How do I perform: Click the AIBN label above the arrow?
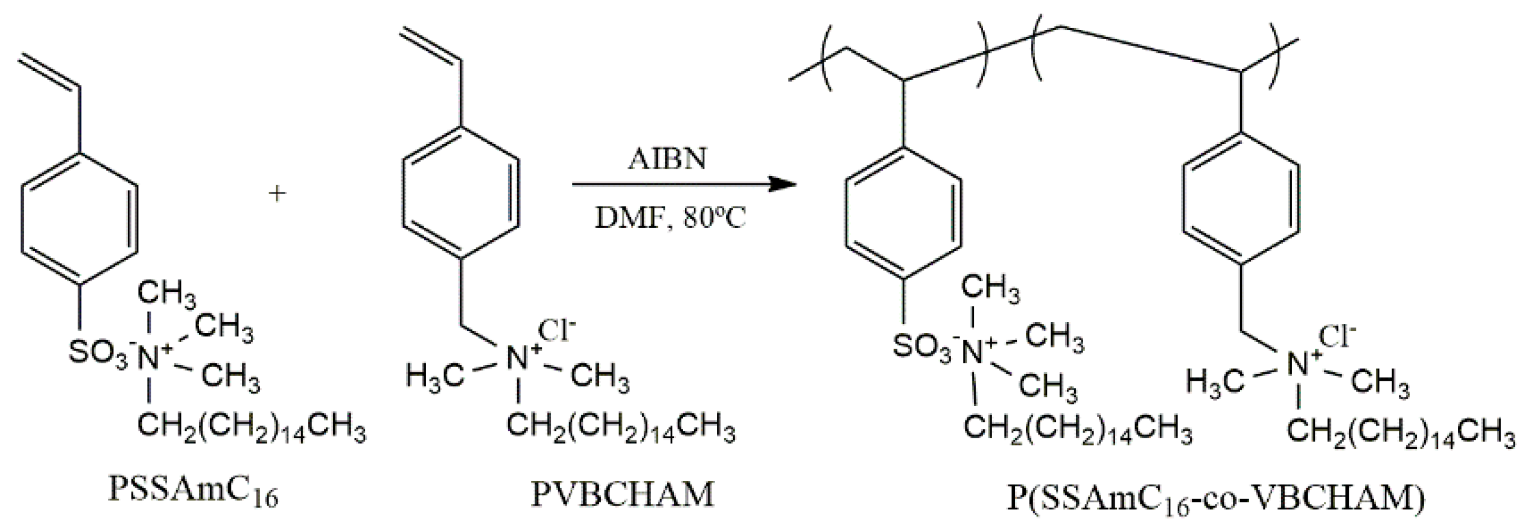click(x=667, y=159)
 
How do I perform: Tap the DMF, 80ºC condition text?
click(x=670, y=218)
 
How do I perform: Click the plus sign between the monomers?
click(x=277, y=193)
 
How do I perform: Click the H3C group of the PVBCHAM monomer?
click(x=435, y=375)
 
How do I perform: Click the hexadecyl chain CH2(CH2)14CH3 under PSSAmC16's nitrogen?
click(x=252, y=430)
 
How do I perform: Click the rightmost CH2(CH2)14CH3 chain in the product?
click(x=1401, y=435)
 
